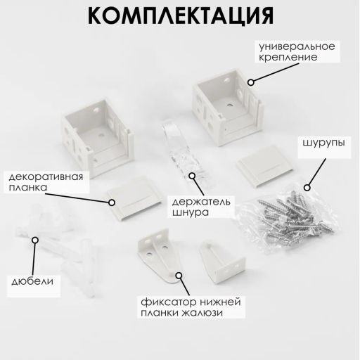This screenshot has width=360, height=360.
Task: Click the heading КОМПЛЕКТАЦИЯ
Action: (x=181, y=15)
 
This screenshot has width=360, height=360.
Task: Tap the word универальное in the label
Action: (x=297, y=46)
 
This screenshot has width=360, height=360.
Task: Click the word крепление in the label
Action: (x=288, y=58)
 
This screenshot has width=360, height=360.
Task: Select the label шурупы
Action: (x=323, y=143)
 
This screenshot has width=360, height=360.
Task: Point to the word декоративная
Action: (x=46, y=176)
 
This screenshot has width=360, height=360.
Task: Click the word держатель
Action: (x=201, y=202)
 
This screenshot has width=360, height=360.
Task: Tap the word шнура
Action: (x=191, y=212)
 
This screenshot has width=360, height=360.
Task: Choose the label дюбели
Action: (x=32, y=281)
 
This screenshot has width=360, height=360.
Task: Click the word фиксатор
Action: (x=168, y=302)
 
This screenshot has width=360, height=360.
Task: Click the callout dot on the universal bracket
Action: (x=251, y=82)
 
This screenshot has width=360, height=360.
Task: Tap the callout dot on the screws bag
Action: (x=307, y=188)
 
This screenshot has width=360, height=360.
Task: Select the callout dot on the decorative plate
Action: (x=112, y=202)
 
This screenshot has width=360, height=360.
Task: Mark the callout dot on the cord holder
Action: (x=192, y=176)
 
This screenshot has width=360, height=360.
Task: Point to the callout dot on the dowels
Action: (x=35, y=240)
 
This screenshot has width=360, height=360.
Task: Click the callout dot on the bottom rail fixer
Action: (x=179, y=276)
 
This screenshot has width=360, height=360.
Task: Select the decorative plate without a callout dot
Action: (x=265, y=167)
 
